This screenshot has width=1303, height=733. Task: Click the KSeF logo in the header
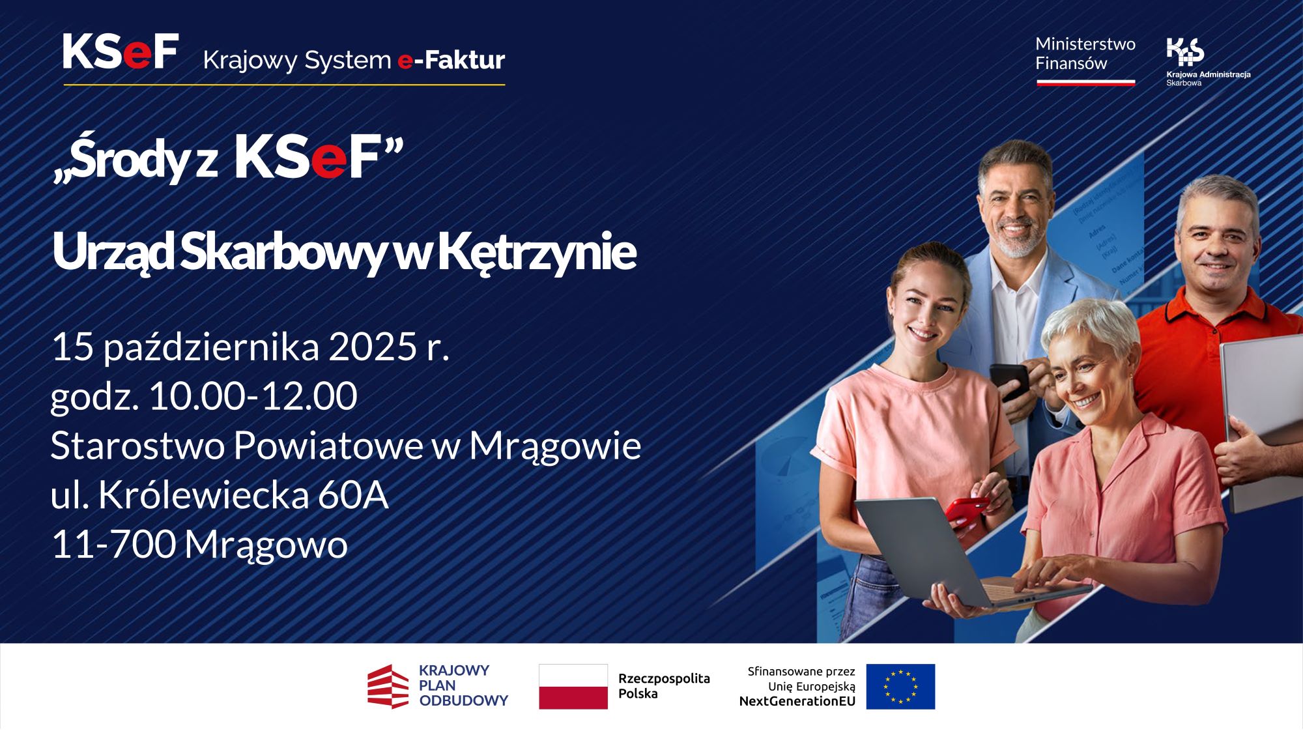point(121,51)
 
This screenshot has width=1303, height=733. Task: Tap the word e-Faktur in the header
point(451,60)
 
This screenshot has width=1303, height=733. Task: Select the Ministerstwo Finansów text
point(1085,53)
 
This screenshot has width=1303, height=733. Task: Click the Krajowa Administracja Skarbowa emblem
point(1185,52)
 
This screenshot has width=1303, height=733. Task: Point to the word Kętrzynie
point(537,252)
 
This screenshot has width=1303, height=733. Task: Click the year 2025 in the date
point(373,347)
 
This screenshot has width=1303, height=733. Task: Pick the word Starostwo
point(138,446)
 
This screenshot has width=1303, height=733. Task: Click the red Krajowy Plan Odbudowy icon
point(388,687)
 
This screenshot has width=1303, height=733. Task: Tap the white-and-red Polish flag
point(573,687)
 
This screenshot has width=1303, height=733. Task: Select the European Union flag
point(900,687)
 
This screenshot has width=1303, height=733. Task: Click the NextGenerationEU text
point(797,702)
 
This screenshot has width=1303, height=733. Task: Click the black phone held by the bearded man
point(1009,381)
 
